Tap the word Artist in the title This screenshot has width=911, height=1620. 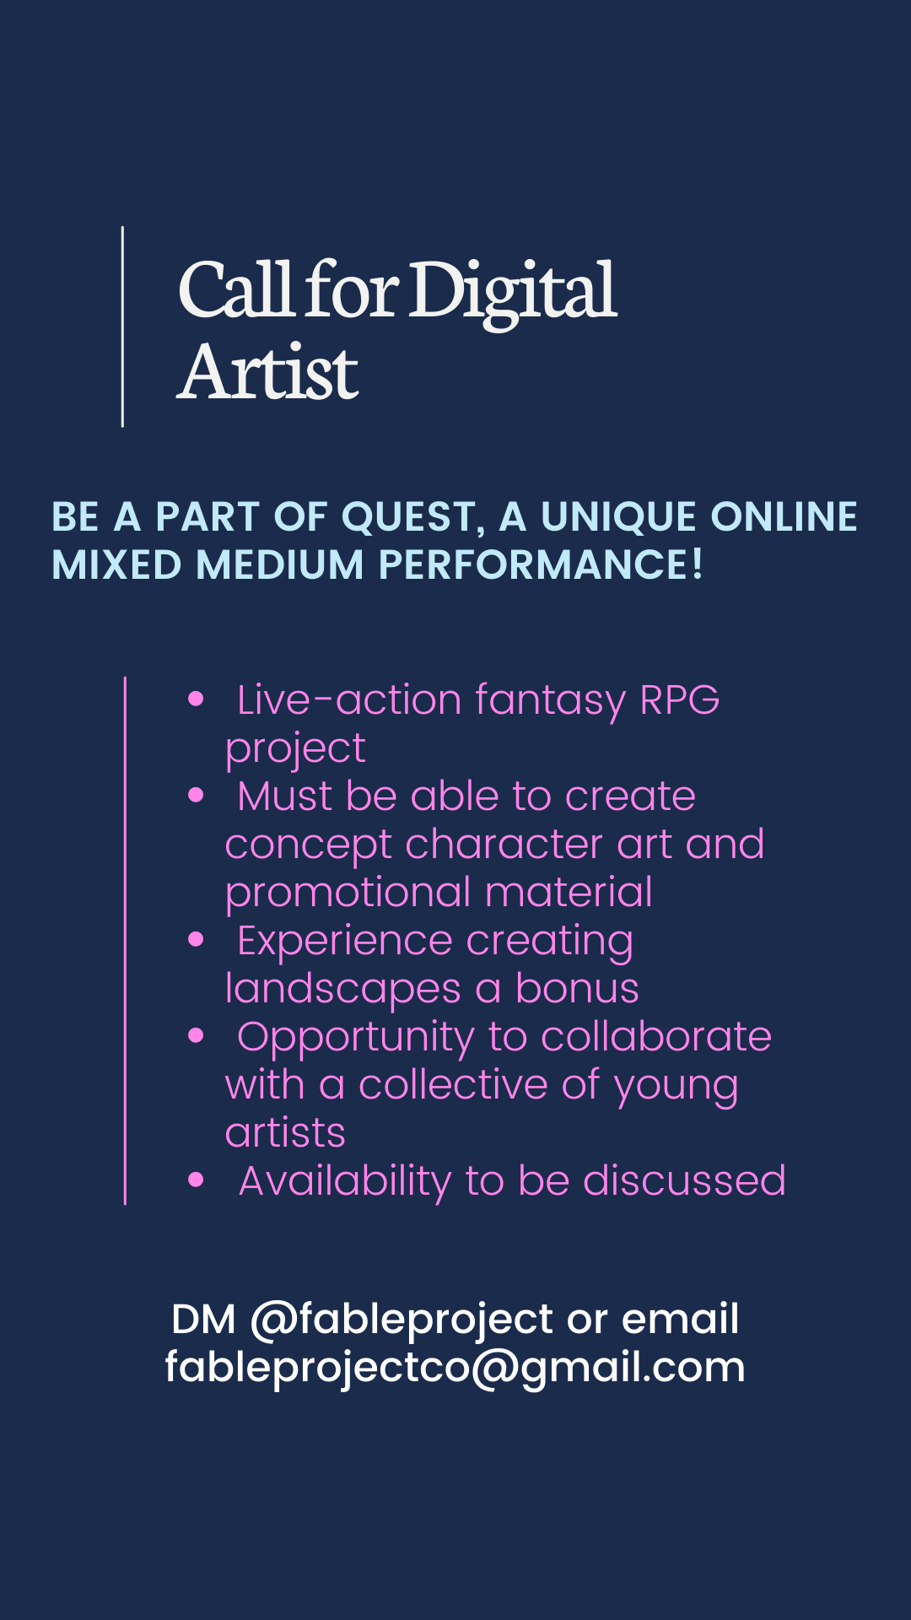coord(268,371)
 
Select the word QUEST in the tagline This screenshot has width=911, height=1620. coord(413,518)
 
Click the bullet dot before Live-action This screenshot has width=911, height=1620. coord(197,699)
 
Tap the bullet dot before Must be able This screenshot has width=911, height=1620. coord(197,795)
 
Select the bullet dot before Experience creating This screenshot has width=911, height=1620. coord(197,939)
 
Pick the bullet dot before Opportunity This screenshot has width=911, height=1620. coord(197,1035)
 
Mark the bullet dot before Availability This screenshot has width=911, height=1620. coord(197,1180)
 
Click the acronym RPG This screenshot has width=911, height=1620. coord(680,699)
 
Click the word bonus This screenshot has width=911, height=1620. coord(577,988)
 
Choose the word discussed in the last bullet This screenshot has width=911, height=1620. coord(684,1180)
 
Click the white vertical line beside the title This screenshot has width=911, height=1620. coord(123,327)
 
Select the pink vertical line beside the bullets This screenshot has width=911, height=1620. coord(125,941)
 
